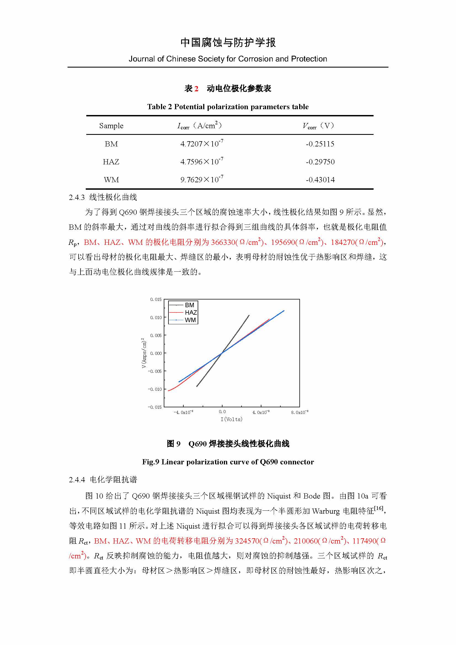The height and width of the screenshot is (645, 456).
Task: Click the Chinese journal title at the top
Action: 228,43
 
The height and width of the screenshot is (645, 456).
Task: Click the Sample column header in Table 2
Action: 111,126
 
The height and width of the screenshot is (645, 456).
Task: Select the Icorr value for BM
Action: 202,144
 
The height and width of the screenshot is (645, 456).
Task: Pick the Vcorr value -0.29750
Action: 320,162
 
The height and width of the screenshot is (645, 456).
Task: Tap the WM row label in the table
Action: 111,180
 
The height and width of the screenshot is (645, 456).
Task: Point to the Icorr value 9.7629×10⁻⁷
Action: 202,180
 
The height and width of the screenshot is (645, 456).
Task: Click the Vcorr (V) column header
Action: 318,126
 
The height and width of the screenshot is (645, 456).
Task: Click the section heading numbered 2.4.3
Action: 103,197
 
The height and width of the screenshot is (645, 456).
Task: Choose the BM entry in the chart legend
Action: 189,305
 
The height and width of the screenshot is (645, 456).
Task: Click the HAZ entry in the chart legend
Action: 191,312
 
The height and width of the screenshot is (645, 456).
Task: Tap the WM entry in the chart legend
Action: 190,320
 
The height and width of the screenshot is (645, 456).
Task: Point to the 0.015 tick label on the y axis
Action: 156,299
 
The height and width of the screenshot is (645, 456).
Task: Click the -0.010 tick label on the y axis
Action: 155,389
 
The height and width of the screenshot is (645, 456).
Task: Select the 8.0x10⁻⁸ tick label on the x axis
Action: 300,412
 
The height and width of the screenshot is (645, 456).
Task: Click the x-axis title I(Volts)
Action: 231,419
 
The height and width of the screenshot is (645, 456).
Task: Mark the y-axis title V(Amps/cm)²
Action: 144,353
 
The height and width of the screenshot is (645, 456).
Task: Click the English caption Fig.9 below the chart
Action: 228,462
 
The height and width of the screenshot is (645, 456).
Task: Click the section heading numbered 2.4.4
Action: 103,480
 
